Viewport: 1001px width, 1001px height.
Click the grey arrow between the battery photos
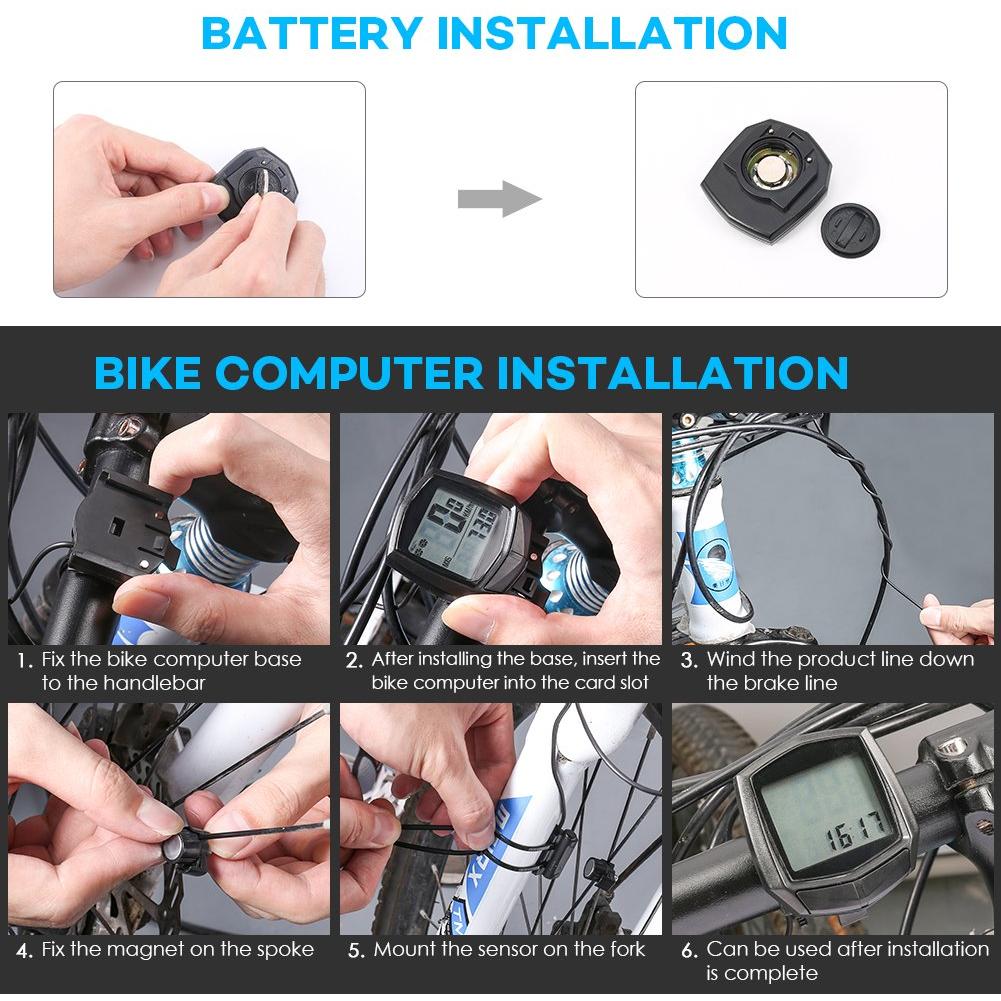pos(499,199)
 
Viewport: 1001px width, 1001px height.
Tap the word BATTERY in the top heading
pos(312,33)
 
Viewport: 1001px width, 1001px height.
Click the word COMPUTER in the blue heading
pos(350,372)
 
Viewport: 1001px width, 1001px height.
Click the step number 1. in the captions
pos(25,661)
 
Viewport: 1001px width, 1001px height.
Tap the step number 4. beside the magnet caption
pos(25,951)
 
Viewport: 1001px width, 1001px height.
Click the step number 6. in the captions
pos(689,951)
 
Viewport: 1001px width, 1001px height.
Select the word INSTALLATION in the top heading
pos(612,33)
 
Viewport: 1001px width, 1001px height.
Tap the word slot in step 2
pos(631,682)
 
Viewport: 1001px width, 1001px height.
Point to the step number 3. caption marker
pos(689,661)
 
